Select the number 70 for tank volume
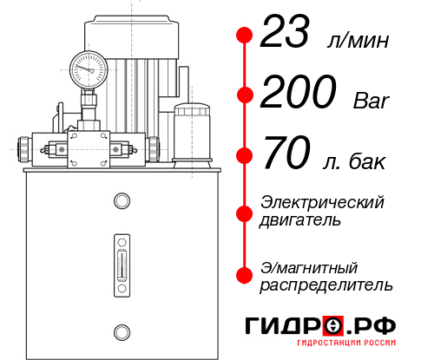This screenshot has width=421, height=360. click(285, 156)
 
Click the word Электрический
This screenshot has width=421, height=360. click(322, 202)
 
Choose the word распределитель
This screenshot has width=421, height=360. click(326, 285)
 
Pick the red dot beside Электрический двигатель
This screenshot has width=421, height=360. click(245, 212)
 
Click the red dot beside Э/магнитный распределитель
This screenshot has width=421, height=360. click(245, 275)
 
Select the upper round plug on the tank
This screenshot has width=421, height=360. click(121, 202)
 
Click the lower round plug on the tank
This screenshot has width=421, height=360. click(121, 330)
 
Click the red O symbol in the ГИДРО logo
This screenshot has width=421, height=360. click(332, 325)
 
